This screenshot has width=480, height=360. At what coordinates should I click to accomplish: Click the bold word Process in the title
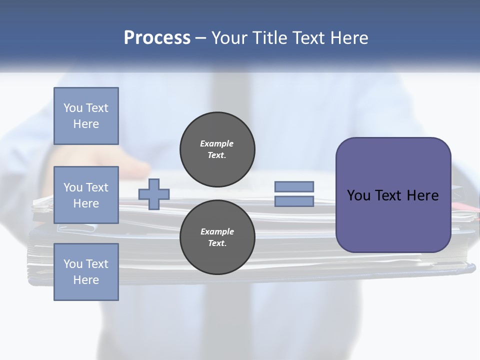tap(157, 38)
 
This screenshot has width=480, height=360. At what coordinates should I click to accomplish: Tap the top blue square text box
tap(86, 116)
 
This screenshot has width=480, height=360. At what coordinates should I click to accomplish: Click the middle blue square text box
tap(86, 195)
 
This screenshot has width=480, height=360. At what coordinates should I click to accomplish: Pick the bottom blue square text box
tap(86, 272)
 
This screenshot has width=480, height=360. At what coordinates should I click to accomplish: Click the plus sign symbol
tap(154, 194)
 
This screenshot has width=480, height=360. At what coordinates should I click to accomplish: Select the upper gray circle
tap(217, 149)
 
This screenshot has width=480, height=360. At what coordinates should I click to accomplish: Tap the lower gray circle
tap(217, 237)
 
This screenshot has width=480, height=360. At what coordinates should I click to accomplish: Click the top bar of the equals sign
tap(294, 186)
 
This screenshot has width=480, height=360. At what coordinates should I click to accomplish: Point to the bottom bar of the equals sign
tap(294, 201)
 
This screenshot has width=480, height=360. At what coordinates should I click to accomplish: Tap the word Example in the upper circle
tap(217, 143)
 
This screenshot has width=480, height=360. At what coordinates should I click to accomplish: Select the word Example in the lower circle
tap(217, 231)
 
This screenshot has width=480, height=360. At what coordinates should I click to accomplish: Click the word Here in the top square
tap(86, 124)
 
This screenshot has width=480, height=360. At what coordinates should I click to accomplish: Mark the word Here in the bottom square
tap(86, 280)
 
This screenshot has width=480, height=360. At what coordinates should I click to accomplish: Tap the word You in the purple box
tap(358, 195)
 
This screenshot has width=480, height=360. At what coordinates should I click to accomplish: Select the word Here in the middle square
tap(86, 203)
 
